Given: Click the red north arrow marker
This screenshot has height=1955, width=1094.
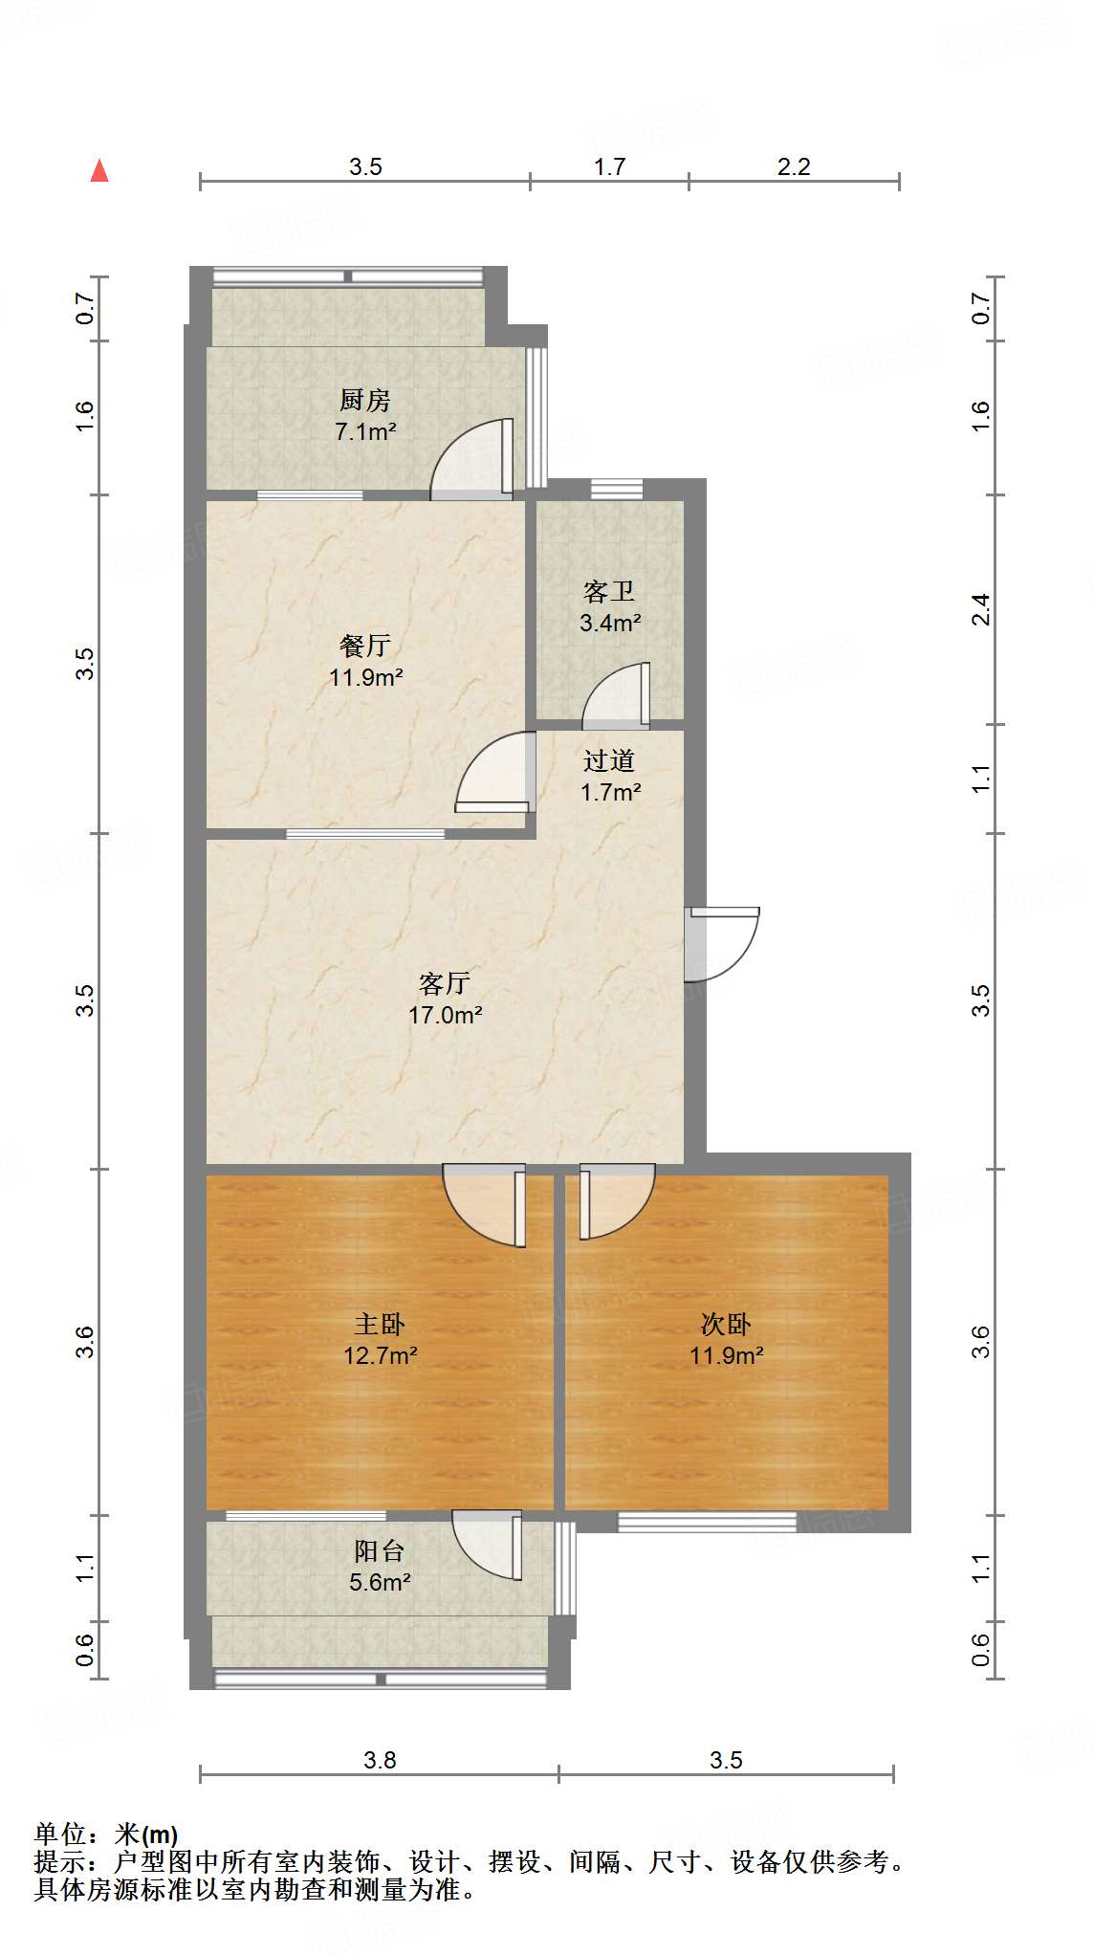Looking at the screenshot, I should tap(99, 170).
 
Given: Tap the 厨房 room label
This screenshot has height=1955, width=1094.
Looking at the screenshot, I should tap(365, 400).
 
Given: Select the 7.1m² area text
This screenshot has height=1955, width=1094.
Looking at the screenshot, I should tap(365, 431).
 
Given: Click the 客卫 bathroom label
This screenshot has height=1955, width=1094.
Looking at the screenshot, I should tap(609, 592).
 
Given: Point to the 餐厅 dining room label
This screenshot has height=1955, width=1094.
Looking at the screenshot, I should tap(365, 646).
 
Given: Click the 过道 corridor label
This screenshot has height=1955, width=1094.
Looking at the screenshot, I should tap(609, 760).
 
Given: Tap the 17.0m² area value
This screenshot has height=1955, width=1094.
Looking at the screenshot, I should tap(445, 1015).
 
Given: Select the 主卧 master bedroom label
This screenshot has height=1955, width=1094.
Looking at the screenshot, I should tap(380, 1324).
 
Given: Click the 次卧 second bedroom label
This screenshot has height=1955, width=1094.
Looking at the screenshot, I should tap(726, 1324).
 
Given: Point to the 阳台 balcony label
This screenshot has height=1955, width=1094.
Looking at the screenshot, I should tap(380, 1550).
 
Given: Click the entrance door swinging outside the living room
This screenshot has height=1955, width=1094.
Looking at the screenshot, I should tap(723, 941).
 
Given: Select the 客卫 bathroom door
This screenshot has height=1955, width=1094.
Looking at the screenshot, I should tap(617, 694).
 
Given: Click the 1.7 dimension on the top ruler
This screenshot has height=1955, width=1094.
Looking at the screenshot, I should tap(609, 166).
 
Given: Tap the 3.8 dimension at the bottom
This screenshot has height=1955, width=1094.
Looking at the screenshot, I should tap(380, 1760).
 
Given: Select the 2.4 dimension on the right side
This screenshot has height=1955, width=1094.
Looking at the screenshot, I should tap(980, 609).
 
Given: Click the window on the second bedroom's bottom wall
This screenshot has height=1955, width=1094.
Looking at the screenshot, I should tap(707, 1521).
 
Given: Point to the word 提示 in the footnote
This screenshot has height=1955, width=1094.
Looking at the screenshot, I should tap(59, 1861).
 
